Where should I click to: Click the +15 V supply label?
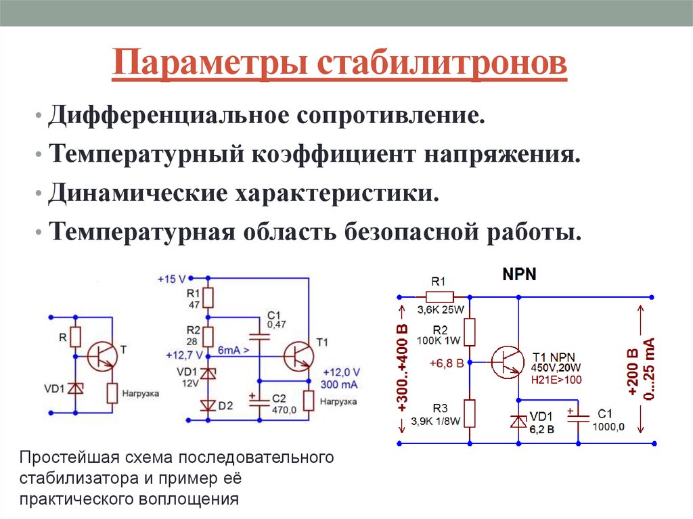coord(171,278)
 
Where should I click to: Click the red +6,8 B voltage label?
coord(446,363)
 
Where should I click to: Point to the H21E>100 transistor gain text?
coord(557,380)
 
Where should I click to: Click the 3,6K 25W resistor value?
coord(441,311)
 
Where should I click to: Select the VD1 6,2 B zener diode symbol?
coord(518,421)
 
